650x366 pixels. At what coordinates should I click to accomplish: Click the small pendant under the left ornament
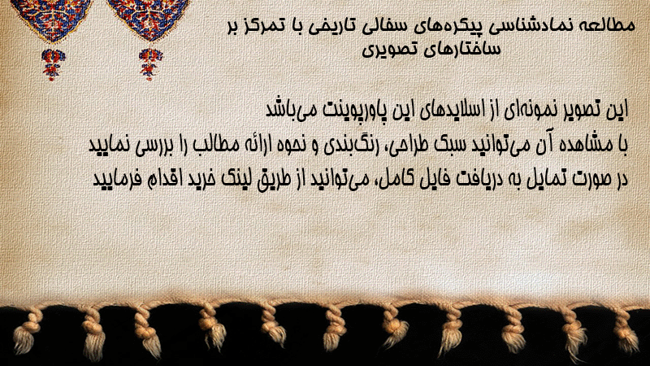coord(53,64)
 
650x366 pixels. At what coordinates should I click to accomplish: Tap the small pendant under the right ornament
coord(150,64)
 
